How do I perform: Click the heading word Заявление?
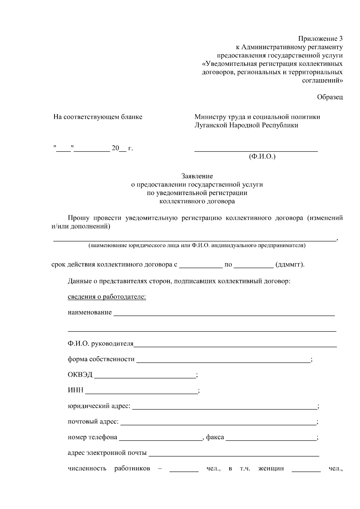tap(197, 176)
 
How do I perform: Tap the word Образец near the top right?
tap(330, 97)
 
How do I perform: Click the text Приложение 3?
tap(320, 39)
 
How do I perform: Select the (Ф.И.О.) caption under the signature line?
tap(262, 156)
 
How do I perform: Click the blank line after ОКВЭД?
tap(145, 377)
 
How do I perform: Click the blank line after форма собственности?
tap(223, 361)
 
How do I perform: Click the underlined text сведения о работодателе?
tap(107, 297)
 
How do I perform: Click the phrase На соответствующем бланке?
tap(98, 117)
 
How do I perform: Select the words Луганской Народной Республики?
tap(246, 125)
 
